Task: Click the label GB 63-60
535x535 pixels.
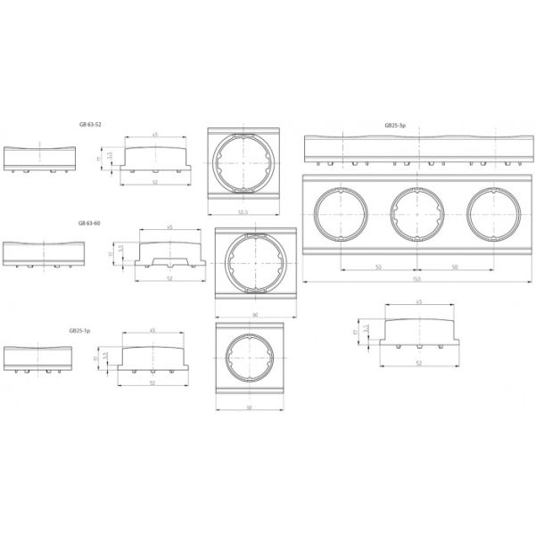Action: point(91,222)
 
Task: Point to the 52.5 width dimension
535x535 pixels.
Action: point(243,211)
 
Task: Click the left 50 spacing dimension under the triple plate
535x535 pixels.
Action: point(379,267)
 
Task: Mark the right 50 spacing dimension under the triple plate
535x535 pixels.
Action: point(455,267)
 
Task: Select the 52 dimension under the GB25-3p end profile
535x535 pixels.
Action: point(418,363)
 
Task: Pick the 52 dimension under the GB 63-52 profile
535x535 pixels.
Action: point(155,181)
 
